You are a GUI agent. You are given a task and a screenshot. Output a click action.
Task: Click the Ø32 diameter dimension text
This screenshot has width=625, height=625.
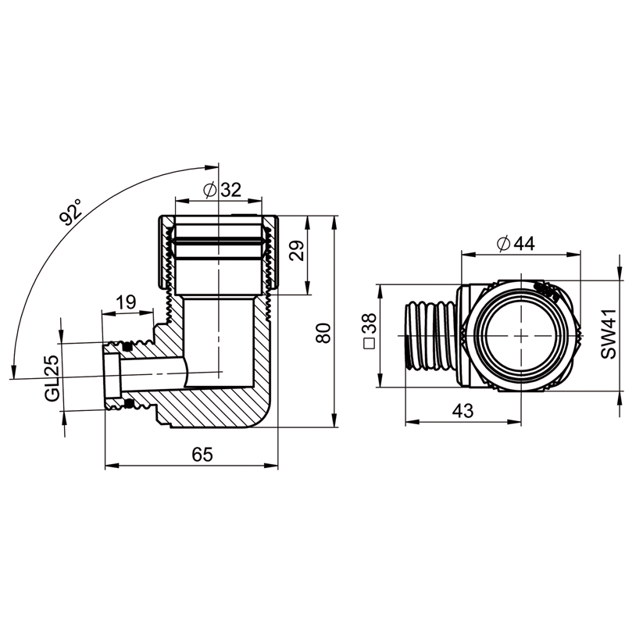tap(220, 189)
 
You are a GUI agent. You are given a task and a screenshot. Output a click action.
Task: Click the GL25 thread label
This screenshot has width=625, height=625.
tap(52, 378)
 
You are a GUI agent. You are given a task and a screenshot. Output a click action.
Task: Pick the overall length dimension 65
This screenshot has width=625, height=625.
tap(202, 455)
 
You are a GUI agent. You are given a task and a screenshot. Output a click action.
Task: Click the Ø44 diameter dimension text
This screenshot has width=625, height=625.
tap(515, 244)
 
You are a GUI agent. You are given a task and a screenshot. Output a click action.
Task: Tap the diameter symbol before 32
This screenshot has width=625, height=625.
tap(209, 189)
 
